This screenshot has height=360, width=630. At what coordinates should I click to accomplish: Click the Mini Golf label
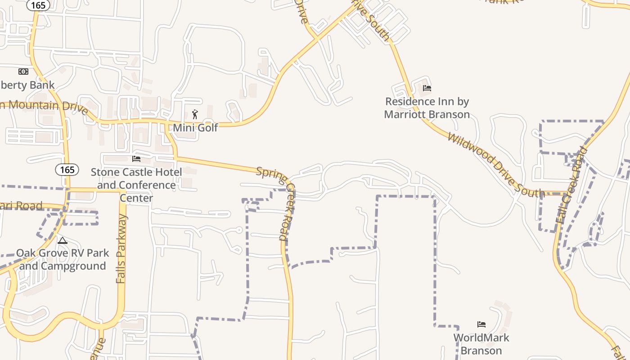coord(195,128)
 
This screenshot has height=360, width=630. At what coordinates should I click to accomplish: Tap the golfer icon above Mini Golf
coord(195,115)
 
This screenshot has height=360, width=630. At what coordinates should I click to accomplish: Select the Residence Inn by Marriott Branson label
coord(427,108)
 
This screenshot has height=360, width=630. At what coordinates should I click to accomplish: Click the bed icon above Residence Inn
coord(427,88)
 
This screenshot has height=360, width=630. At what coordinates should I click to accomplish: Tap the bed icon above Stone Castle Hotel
coord(136,159)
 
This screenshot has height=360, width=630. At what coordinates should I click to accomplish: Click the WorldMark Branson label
coord(481,344)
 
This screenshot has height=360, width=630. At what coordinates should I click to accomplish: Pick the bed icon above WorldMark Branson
coord(481,324)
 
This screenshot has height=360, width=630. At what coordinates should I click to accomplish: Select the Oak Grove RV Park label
coord(63,253)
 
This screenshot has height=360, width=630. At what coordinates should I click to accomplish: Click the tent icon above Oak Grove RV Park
coord(63,241)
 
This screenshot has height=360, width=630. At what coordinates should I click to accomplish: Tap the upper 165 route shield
coord(38,5)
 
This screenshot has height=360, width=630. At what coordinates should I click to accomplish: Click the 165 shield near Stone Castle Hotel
coord(67,170)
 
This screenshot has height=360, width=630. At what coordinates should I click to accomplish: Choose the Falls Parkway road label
coord(121,248)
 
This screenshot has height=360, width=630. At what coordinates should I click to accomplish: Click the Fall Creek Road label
coord(572,184)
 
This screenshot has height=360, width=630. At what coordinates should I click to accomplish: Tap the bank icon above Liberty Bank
coord(23,72)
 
